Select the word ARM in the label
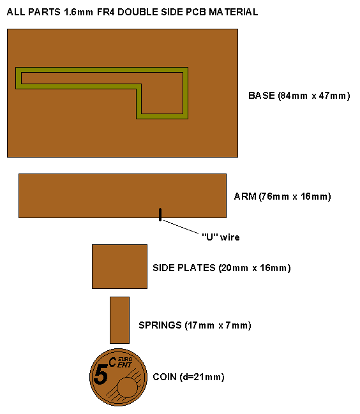[245, 196]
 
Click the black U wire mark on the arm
[160, 214]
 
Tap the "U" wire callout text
[221, 237]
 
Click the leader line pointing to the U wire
[181, 227]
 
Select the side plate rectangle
[119, 267]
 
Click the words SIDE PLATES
[184, 268]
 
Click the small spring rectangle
[119, 320]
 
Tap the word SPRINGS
[160, 325]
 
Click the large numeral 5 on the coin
[101, 374]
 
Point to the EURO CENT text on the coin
[124, 362]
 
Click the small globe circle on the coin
[127, 387]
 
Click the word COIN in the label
[165, 377]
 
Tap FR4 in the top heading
[106, 12]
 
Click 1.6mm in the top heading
[79, 12]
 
